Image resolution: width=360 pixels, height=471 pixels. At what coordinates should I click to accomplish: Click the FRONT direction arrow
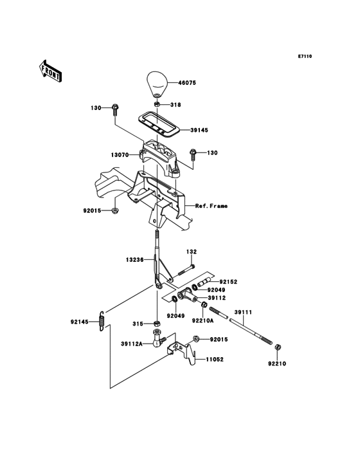click(x=50, y=71)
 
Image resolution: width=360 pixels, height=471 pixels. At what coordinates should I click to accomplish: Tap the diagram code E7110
click(x=305, y=56)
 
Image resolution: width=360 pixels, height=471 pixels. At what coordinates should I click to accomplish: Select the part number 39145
click(x=199, y=130)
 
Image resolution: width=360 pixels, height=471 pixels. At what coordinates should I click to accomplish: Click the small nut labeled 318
click(x=157, y=104)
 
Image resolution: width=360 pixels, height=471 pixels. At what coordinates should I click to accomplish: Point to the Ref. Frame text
click(x=212, y=206)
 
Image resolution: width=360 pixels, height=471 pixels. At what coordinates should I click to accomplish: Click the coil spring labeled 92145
click(x=102, y=321)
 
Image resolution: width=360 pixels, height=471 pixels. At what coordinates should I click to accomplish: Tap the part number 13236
click(x=134, y=259)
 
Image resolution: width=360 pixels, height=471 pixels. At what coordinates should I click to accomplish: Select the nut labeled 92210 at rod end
click(x=278, y=348)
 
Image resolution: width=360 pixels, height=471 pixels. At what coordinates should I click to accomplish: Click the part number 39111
click(x=243, y=312)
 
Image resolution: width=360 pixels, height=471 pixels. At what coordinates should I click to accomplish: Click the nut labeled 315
click(x=157, y=324)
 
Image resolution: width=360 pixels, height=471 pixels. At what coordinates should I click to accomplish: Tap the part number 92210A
click(x=203, y=320)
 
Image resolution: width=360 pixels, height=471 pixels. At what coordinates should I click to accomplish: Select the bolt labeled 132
click(x=186, y=270)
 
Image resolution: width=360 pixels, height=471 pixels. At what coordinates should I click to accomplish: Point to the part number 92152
click(x=228, y=282)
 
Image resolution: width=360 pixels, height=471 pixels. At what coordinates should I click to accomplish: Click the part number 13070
click(x=120, y=155)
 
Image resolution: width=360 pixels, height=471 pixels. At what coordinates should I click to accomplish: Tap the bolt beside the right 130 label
click(x=193, y=155)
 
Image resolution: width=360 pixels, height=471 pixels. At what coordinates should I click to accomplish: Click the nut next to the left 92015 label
click(x=114, y=210)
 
